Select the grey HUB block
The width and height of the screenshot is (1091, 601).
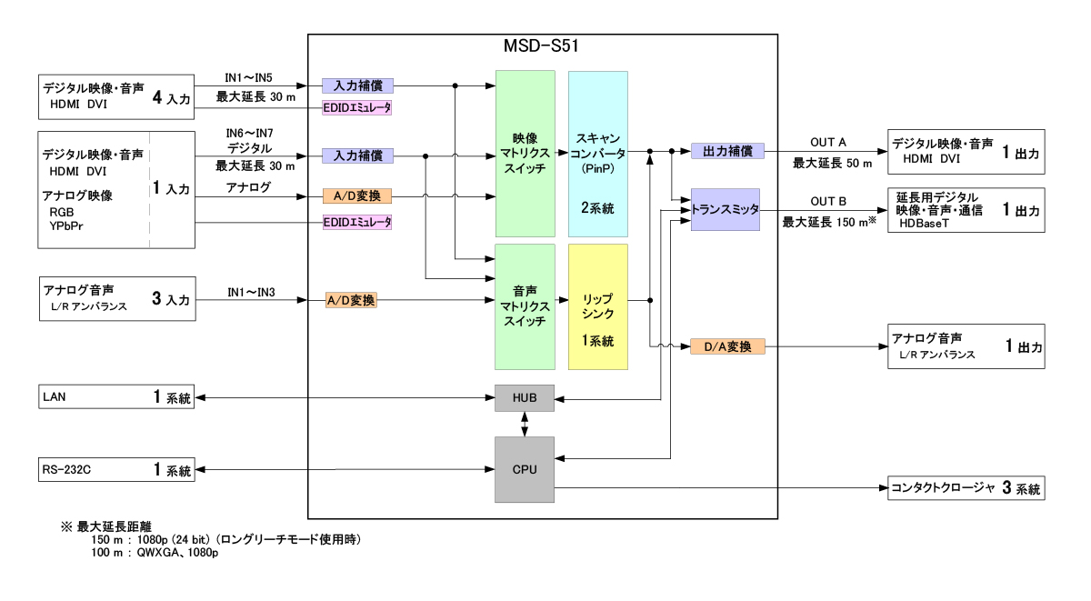(525, 398)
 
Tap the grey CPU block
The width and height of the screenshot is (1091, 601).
(525, 469)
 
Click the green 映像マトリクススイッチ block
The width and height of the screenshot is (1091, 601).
(525, 154)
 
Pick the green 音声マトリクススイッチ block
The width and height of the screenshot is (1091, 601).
(525, 306)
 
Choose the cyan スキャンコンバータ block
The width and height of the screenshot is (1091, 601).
(597, 154)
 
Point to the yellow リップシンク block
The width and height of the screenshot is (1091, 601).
(597, 306)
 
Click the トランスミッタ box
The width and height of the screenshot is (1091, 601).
(725, 209)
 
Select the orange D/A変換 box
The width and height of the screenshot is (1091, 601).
(727, 346)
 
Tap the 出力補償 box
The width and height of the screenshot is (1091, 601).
(727, 151)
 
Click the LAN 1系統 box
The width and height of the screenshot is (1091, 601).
(116, 397)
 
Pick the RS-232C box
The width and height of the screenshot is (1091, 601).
(116, 470)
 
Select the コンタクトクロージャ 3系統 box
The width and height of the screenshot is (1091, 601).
(966, 488)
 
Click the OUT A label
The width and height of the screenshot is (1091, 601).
(828, 142)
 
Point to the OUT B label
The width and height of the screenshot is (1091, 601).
(828, 201)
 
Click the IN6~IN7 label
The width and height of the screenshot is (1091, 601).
(250, 133)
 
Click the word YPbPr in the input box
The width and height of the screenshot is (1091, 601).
(67, 225)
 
